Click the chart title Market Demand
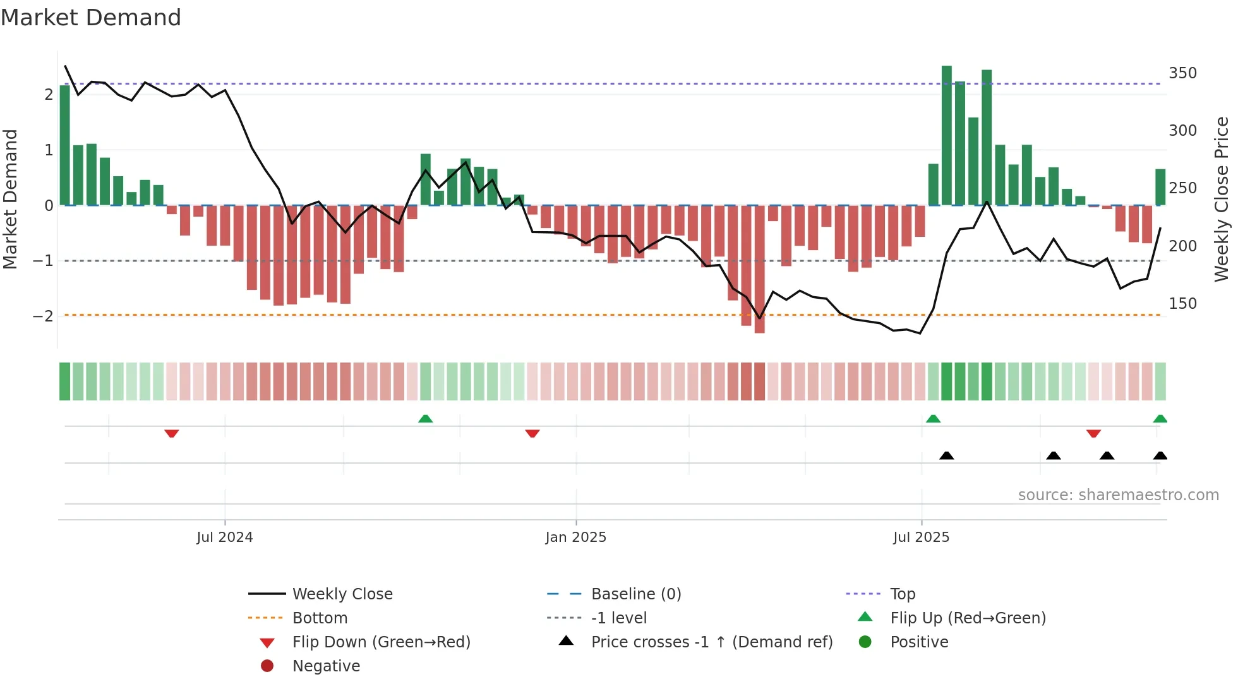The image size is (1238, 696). point(91,18)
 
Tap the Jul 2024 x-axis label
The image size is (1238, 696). point(224,537)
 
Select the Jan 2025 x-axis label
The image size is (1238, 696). point(575,537)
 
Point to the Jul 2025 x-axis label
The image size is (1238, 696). point(921,537)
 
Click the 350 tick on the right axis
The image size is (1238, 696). point(1182,73)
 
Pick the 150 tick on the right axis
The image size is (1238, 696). point(1182,304)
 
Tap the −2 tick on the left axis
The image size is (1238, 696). point(43,316)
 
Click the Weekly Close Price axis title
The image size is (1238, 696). point(1222,199)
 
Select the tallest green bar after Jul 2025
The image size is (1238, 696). point(946,135)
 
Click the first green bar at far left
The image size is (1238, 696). point(64,145)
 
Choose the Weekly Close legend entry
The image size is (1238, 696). point(342,594)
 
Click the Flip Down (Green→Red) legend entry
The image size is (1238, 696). point(381,642)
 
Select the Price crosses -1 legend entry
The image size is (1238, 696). point(711,642)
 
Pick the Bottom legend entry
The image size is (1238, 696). point(320,618)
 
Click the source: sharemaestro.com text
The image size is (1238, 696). point(1118,495)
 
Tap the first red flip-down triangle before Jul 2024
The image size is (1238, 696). point(171,433)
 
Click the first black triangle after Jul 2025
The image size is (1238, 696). point(946,455)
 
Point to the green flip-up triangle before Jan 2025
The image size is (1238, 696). point(426,419)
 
